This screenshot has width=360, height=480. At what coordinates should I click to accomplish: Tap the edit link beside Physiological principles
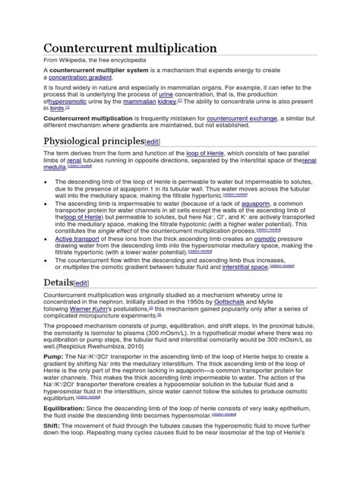pos(152,143)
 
